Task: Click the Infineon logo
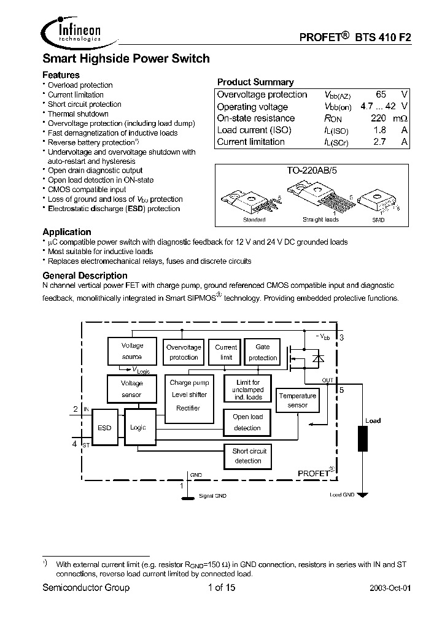[71, 30]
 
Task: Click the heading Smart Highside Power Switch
[126, 59]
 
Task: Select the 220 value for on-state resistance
[378, 118]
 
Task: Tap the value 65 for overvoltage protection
[381, 94]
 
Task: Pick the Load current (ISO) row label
[254, 130]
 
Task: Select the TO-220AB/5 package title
[312, 172]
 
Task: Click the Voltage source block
[132, 351]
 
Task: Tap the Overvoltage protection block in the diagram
[184, 352]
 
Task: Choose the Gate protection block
[262, 352]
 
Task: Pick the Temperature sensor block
[297, 400]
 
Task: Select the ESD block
[104, 428]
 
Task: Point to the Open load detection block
[247, 422]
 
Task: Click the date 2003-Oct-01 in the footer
[390, 588]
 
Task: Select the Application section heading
[67, 232]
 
